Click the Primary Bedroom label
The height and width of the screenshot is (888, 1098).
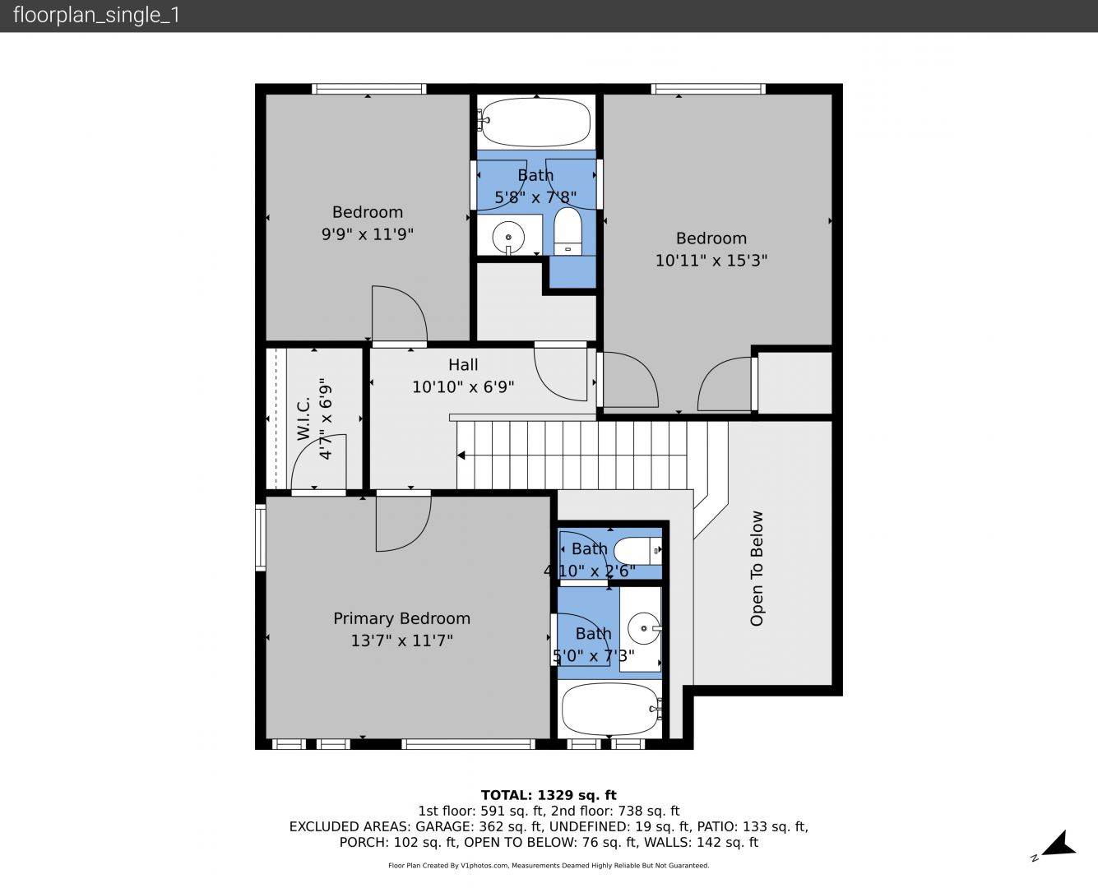[x=401, y=618]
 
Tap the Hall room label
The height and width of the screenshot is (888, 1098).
[x=463, y=365]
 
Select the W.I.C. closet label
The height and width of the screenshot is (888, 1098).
[x=303, y=418]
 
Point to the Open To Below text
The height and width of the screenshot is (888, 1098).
[x=756, y=568]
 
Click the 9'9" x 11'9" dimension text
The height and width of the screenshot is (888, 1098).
[x=368, y=234]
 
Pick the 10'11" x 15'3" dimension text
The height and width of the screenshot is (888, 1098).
[x=711, y=261]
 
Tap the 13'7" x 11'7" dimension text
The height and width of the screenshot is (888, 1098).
[x=401, y=641]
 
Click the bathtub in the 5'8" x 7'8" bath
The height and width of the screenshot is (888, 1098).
[x=536, y=123]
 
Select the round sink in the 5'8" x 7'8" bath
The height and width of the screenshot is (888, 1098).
[x=508, y=238]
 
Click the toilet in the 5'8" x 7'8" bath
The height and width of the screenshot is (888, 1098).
[x=568, y=231]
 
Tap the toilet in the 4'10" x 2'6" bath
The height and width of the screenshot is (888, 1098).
[x=638, y=550]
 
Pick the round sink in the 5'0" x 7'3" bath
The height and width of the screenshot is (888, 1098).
[x=644, y=628]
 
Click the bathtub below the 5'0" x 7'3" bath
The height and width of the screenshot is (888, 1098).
[x=610, y=709]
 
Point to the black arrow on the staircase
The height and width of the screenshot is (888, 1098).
[x=462, y=455]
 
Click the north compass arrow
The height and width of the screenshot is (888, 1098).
[x=1059, y=844]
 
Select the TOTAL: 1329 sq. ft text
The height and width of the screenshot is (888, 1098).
[x=549, y=795]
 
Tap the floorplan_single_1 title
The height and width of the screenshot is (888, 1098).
[x=96, y=16]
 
